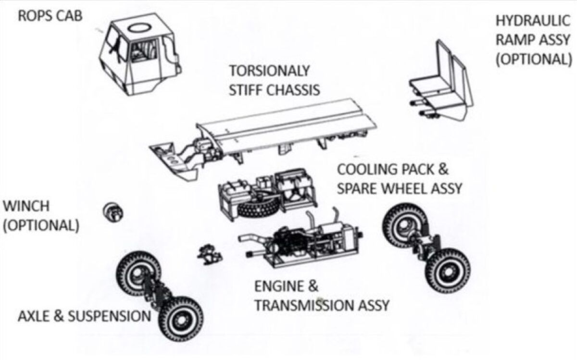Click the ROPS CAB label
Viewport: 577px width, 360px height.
click(x=50, y=15)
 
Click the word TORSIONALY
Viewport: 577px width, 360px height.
click(x=269, y=71)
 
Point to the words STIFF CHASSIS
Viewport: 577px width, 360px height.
click(x=274, y=89)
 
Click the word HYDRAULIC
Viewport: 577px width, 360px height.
click(x=532, y=21)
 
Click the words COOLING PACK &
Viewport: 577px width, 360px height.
click(x=393, y=170)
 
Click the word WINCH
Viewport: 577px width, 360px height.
click(x=26, y=206)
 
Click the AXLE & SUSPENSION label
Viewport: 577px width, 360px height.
click(x=84, y=316)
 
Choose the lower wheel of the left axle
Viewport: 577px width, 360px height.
click(x=180, y=318)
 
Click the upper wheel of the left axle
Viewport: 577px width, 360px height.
click(x=138, y=273)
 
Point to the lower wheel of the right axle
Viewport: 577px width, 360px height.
click(x=448, y=272)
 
